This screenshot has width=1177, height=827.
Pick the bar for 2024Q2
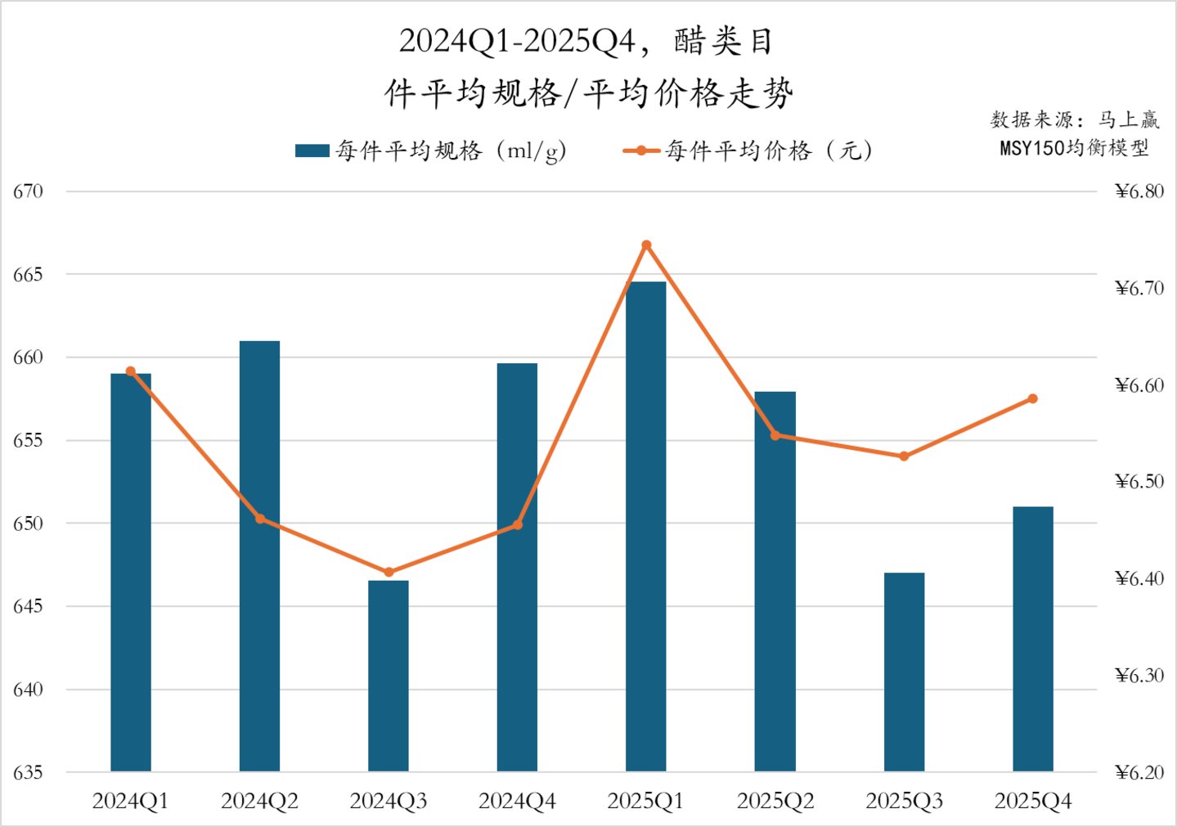pos(259,556)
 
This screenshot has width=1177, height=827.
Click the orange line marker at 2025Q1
pos(646,245)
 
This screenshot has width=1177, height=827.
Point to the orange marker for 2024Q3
pos(389,572)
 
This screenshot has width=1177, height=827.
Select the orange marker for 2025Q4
pos(1032,399)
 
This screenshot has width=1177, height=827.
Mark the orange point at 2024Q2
pos(260,519)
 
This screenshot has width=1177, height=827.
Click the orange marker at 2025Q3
pos(904,456)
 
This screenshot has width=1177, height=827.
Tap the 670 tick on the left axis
pos(28,191)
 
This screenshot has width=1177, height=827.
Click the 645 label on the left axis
pos(28,606)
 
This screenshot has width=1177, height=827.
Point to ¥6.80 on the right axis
pos(1139,191)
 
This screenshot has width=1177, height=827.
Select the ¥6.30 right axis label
pos(1139,675)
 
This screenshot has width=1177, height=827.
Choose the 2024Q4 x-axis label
pos(517,801)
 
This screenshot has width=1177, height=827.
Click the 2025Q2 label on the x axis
pos(775,801)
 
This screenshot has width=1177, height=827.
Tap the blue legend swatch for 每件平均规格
pos(312,151)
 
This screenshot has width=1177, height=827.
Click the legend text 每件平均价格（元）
pos(769,151)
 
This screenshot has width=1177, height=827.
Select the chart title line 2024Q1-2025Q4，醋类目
pos(586,41)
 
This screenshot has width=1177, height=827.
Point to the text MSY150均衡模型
pos(1074,148)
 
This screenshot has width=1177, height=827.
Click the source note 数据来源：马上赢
pos(1074,120)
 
